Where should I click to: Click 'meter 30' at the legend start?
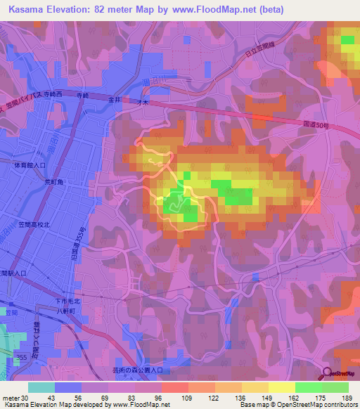click(13, 399)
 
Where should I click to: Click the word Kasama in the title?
click(27, 8)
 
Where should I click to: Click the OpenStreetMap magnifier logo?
click(327, 374)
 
